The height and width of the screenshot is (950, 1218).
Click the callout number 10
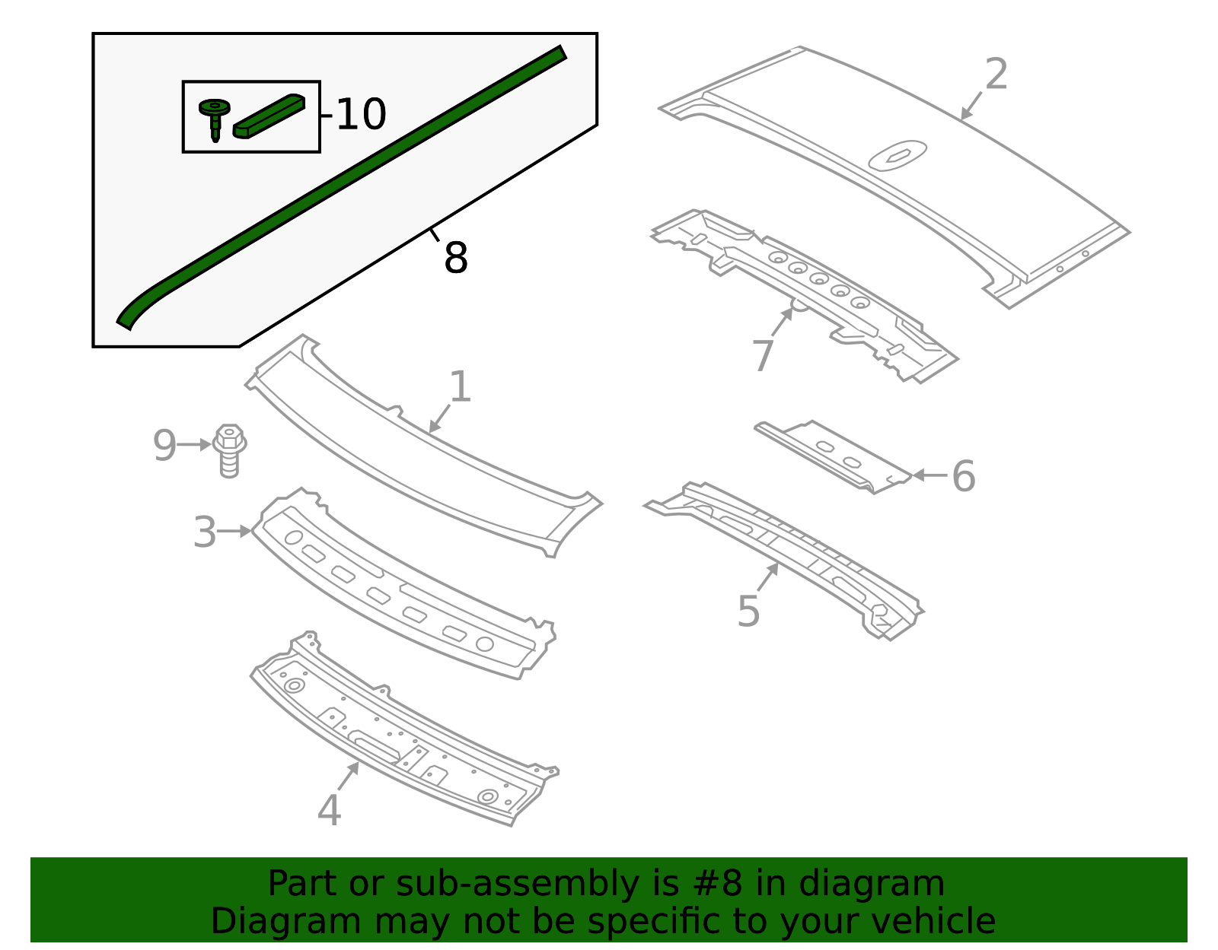(x=361, y=115)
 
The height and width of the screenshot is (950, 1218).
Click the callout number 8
(x=455, y=258)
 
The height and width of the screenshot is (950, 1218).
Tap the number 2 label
(x=996, y=75)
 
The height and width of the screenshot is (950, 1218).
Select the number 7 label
(x=763, y=355)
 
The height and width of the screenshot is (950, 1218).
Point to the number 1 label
(x=460, y=387)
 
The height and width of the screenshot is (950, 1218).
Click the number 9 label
(x=164, y=446)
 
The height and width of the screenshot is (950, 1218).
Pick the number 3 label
(x=205, y=532)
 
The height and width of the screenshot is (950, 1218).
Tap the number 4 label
(x=329, y=810)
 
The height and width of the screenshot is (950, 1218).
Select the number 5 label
(x=748, y=612)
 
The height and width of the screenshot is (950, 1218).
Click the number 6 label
(x=963, y=477)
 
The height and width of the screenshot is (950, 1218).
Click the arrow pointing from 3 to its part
(x=236, y=532)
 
